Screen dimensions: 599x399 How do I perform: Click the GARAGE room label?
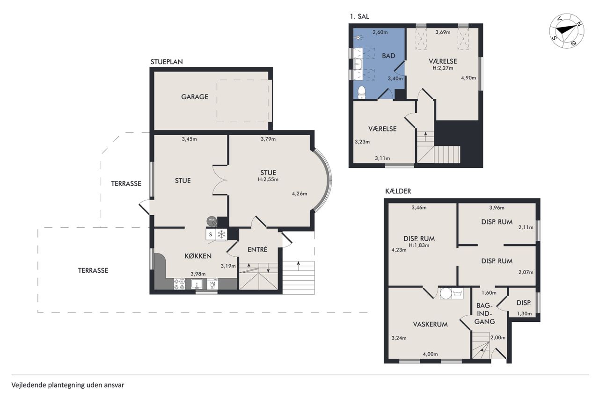pos(194,97)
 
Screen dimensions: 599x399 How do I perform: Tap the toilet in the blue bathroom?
pos(362,92)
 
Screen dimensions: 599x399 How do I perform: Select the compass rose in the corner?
pos(567,31)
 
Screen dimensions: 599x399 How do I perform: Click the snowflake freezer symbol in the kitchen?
pos(221,235)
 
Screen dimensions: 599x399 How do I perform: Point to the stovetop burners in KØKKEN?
pos(179,284)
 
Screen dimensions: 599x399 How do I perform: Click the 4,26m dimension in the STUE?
pos(299,194)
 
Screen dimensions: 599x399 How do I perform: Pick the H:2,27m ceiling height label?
pos(443,68)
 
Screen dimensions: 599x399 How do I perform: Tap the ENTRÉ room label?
pos(257,249)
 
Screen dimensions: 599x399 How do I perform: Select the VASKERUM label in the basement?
pos(430,324)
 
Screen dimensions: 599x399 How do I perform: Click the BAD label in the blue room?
pos(388,56)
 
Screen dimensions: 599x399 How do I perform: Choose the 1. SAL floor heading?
pos(359,16)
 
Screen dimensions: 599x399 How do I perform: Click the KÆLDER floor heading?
pos(398,191)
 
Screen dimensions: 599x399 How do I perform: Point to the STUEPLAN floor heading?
pos(167,62)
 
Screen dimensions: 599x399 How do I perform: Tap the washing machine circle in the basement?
pos(446,293)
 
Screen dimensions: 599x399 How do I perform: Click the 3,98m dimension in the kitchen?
pos(198,274)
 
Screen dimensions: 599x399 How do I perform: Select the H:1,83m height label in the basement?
pos(419,245)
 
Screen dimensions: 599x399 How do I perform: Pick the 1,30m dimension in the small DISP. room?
pos(525,313)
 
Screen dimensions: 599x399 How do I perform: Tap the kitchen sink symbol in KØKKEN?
pos(197,284)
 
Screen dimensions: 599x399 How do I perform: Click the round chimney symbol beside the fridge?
pos(212,220)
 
